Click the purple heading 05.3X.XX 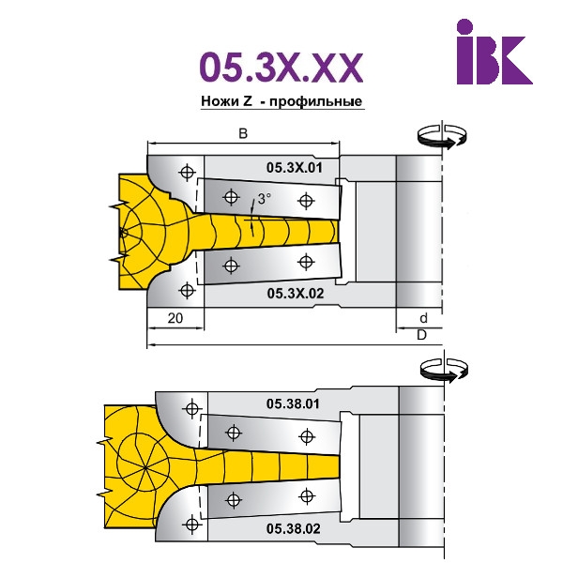(281, 68)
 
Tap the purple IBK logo (495, 52)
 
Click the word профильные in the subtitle (315, 101)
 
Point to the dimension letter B (243, 133)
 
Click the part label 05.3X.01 (295, 168)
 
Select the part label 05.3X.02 (296, 294)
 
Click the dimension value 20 (175, 318)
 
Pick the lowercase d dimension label (424, 318)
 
